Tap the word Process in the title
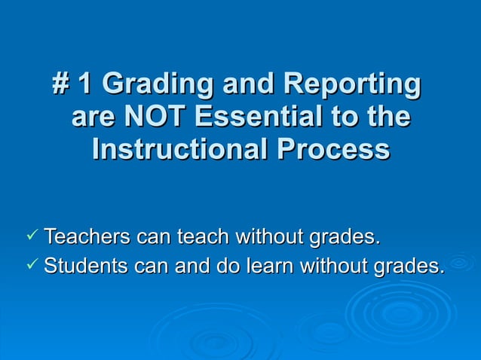(332, 148)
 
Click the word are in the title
(92, 117)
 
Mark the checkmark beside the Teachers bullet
(31, 237)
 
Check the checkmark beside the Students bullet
(31, 265)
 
